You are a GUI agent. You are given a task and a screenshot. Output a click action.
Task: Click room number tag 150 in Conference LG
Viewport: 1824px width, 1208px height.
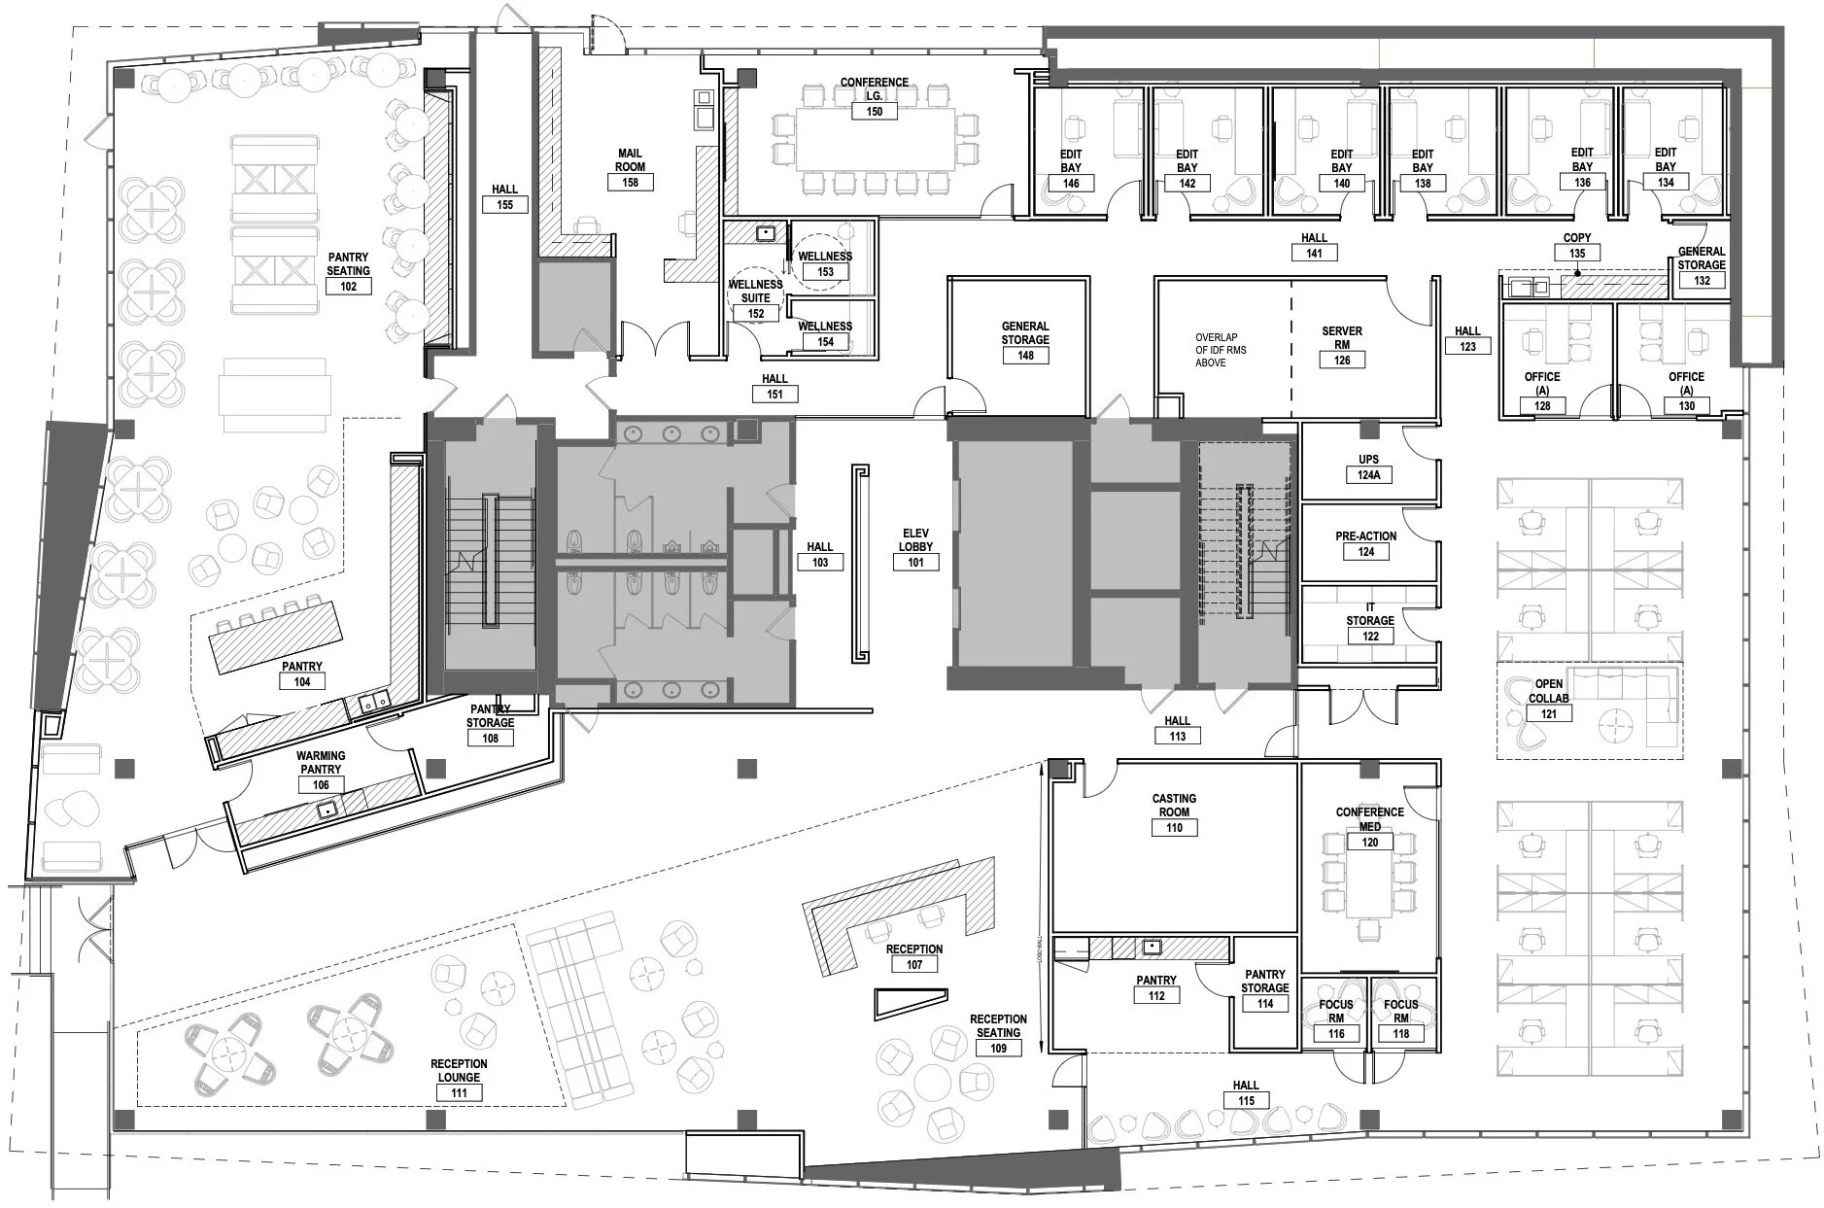click(x=874, y=112)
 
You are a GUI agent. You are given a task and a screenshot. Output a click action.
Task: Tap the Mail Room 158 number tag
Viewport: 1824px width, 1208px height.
click(x=630, y=182)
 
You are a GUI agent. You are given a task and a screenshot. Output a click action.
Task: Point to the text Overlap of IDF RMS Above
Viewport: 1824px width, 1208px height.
click(x=1221, y=350)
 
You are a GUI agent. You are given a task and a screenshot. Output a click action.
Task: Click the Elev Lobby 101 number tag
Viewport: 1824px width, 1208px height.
click(x=915, y=562)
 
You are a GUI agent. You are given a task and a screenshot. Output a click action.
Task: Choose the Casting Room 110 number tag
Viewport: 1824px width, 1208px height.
click(x=1174, y=828)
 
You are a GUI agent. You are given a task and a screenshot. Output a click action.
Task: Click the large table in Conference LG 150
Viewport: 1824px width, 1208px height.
click(x=875, y=138)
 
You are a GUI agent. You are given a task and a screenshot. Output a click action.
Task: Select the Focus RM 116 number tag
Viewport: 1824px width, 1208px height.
click(x=1336, y=1034)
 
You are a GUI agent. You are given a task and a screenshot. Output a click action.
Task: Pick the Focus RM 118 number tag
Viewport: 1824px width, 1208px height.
click(x=1400, y=1034)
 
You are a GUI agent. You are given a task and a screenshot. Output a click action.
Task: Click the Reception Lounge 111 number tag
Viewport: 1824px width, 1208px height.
click(x=459, y=1092)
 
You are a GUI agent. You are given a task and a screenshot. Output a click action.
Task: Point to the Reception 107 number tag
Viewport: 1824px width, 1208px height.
click(x=913, y=964)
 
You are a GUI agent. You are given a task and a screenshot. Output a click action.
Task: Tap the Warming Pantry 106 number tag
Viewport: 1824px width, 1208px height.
click(x=321, y=784)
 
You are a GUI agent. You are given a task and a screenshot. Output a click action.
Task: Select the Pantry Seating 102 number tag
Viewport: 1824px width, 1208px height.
click(x=348, y=286)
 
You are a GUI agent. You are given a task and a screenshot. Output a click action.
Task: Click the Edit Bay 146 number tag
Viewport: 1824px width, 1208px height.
click(x=1070, y=184)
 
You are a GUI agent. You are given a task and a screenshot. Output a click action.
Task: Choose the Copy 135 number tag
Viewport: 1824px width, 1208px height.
click(x=1576, y=254)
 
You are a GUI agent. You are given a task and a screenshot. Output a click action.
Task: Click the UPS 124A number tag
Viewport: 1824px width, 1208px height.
click(x=1368, y=475)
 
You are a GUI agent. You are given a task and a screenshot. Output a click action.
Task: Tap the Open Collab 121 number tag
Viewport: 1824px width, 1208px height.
click(x=1548, y=713)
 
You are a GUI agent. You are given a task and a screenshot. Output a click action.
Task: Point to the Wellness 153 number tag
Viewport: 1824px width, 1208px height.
click(x=825, y=272)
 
